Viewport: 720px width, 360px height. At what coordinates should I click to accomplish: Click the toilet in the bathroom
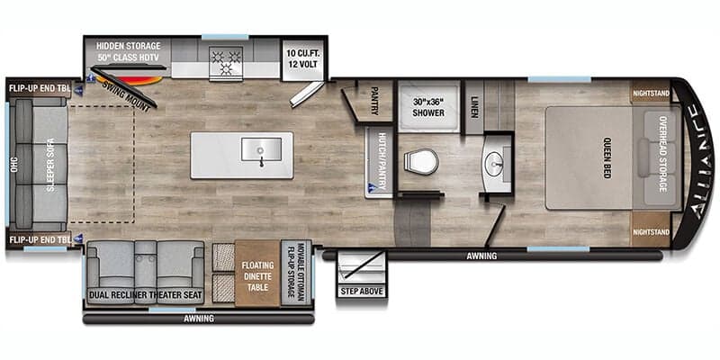pyautogui.click(x=421, y=162)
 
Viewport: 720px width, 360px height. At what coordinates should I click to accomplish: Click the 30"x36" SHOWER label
pyautogui.click(x=429, y=107)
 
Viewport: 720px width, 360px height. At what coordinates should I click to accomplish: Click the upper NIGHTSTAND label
pyautogui.click(x=651, y=94)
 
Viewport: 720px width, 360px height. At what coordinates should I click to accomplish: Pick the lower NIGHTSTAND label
pyautogui.click(x=651, y=232)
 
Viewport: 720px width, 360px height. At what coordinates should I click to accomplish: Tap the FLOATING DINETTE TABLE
pyautogui.click(x=256, y=273)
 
